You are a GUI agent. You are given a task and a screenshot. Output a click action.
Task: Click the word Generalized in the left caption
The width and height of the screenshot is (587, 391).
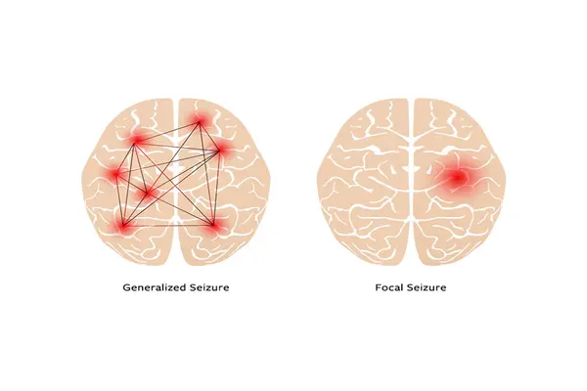click(155, 287)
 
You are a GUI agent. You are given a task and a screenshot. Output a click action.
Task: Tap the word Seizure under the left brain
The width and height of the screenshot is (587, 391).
click(209, 287)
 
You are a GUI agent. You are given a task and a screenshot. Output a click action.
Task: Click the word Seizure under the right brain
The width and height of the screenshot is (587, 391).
click(427, 287)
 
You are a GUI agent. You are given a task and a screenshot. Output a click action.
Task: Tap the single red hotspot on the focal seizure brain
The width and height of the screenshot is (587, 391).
click(457, 177)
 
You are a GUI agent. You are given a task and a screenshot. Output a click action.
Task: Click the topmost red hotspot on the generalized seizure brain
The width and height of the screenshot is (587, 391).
click(200, 121)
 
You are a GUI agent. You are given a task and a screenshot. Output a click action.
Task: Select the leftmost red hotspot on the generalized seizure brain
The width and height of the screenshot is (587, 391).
click(116, 174)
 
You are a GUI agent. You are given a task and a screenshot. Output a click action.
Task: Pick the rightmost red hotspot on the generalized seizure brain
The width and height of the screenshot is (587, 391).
click(220, 150)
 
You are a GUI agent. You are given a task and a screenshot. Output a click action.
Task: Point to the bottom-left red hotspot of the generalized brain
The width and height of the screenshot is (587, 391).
click(123, 226)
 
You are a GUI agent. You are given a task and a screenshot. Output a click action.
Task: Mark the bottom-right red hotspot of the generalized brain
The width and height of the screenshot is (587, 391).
click(213, 225)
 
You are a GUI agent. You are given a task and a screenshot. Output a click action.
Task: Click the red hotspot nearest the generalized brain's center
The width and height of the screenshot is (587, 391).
click(149, 194)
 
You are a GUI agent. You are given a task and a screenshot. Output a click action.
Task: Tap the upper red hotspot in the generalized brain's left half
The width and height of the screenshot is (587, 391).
click(137, 140)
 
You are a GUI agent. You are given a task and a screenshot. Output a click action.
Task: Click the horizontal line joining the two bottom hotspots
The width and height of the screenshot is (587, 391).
click(168, 226)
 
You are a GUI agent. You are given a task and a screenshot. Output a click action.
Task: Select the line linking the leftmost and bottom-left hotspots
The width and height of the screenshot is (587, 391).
click(120, 199)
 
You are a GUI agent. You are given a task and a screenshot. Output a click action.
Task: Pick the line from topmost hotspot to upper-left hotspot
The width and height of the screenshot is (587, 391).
click(168, 131)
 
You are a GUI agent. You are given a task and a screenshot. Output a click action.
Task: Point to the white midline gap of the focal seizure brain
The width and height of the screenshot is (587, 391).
click(411, 180)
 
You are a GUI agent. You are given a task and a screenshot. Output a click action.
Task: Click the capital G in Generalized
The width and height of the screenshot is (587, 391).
click(126, 287)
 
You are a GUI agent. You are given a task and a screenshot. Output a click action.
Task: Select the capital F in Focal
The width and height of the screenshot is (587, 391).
click(379, 287)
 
